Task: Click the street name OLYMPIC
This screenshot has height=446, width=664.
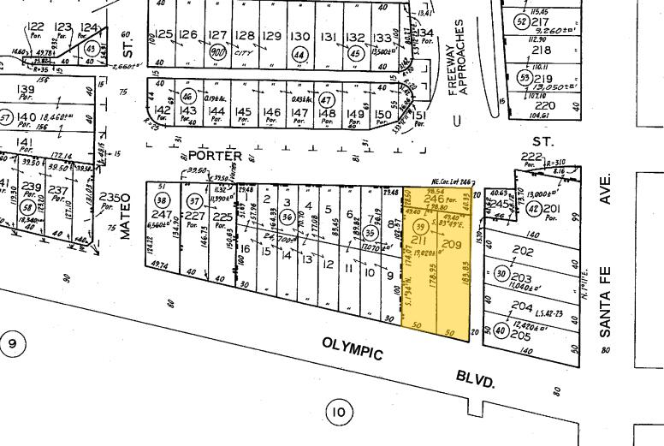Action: coord(352,349)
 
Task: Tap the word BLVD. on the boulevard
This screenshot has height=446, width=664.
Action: coord(476,378)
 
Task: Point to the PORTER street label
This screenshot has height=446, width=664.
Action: coord(216,156)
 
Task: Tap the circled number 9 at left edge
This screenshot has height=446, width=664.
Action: coord(12,344)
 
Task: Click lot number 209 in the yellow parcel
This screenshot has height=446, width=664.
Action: coord(450,247)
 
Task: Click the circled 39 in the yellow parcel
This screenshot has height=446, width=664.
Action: coord(420,226)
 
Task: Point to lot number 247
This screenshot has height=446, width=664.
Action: coord(162,214)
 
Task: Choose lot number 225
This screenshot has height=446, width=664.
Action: coord(222,217)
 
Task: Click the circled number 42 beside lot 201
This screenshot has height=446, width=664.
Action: coord(534,210)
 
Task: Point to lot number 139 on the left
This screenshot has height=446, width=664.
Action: coord(26,89)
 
